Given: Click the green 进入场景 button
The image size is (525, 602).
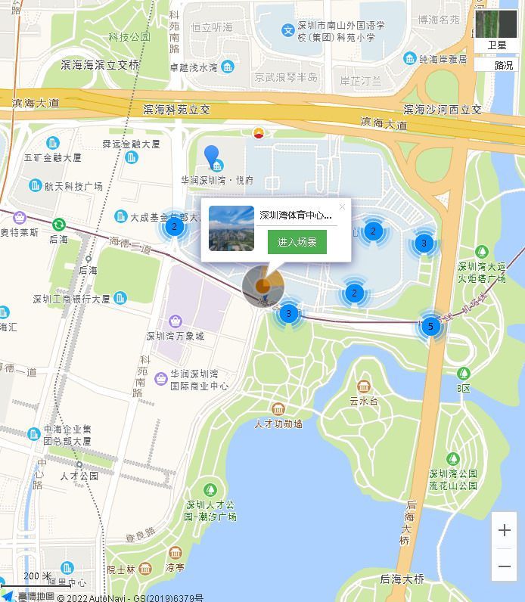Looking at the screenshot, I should [297, 242].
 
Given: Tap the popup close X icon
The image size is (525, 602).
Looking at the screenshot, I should [342, 207].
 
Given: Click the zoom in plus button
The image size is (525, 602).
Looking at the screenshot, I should [505, 531].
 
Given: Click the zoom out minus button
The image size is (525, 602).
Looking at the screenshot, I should [505, 566].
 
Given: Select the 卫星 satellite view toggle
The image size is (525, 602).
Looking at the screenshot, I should [497, 30].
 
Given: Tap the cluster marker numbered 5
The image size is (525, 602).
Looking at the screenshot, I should [430, 327].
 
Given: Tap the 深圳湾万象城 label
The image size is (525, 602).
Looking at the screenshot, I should [176, 336].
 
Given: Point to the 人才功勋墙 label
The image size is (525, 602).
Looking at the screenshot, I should [278, 424].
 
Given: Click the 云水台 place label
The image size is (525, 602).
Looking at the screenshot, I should [364, 401].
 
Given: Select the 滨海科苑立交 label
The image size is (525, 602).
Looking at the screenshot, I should [176, 110].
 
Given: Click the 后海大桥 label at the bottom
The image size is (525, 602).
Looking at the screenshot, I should [402, 579].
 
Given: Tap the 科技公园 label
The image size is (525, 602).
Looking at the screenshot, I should [129, 36].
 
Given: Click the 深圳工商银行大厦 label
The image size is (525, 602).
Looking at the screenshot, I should [72, 299].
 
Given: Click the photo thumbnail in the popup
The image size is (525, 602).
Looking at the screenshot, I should [231, 228].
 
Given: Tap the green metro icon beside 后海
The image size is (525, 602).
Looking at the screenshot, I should [59, 225].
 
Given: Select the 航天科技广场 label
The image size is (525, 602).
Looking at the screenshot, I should [73, 186].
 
